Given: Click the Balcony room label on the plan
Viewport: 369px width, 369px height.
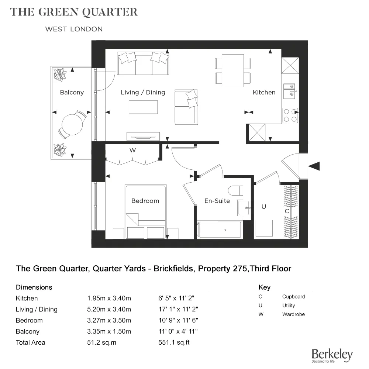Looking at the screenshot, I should point(72,92).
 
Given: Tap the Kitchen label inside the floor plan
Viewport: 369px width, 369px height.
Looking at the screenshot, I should point(264,92).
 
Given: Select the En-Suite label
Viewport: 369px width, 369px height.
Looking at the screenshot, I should point(217,201).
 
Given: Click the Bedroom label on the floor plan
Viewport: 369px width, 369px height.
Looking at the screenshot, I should point(145,201).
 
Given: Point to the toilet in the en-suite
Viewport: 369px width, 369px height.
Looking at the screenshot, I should point(235,190).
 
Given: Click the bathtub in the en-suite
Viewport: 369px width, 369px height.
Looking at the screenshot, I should point(220,230).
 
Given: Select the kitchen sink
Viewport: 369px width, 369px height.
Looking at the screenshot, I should point(290,91).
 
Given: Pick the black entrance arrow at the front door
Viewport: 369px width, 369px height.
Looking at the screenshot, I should point(314,166).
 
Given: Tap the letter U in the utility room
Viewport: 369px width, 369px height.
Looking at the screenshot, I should point(263,207).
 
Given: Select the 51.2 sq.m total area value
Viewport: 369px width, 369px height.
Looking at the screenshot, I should point(101,342).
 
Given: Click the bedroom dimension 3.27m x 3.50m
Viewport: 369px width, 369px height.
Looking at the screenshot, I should point(109,320).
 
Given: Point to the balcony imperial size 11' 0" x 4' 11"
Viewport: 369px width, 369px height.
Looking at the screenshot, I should point(176,331).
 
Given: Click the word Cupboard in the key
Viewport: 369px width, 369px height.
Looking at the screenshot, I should point(293,297).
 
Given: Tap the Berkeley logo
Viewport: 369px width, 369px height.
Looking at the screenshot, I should point(332,355).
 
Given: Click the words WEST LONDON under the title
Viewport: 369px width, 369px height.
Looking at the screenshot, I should point(74,29).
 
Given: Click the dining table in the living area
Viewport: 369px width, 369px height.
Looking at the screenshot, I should point(233,70).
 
